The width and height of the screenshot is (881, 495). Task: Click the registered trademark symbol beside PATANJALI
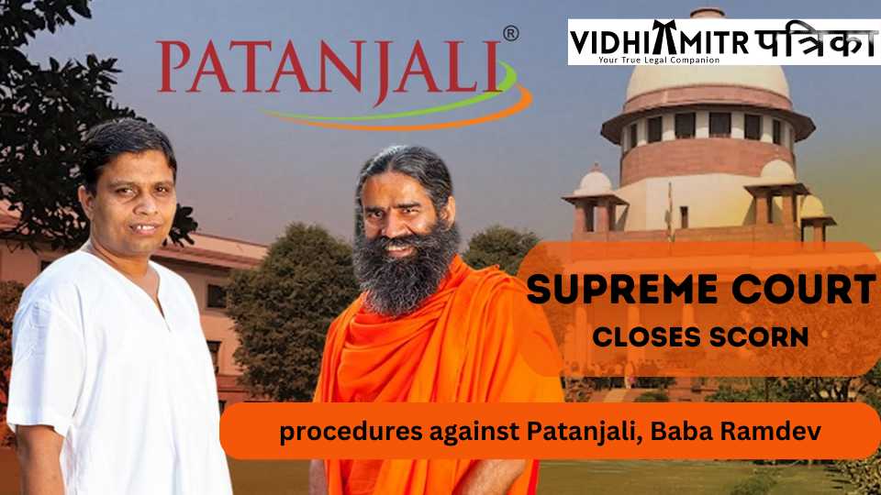click(511, 34)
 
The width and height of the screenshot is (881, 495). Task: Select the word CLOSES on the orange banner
click(646, 336)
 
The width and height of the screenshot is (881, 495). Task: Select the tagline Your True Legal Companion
click(659, 60)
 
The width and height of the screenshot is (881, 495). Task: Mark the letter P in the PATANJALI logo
click(173, 66)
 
